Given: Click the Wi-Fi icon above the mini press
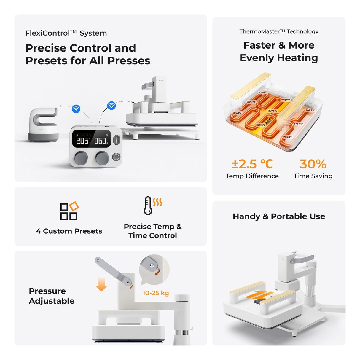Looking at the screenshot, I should pos(76,109).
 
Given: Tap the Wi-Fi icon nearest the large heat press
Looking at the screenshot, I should pos(111,105).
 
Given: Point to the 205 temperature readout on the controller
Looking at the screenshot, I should pos(82,140).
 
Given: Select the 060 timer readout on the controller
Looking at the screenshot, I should pos(101,140).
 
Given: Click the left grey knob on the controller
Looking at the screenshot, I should pos(81,158).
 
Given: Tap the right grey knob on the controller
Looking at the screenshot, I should pos(102,158).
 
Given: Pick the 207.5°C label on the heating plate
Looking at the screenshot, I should pos(273,111).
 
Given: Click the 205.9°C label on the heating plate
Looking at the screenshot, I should pos(237,113).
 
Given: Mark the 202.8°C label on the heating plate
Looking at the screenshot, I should pos(310,111).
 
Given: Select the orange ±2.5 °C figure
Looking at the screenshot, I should pos(252,164).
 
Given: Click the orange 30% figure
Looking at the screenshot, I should pos(313,164).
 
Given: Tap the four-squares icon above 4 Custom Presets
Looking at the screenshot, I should pos(69,211).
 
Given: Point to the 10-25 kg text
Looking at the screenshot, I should pos(156,293).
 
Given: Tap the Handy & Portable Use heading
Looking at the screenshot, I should pos(279,216).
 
